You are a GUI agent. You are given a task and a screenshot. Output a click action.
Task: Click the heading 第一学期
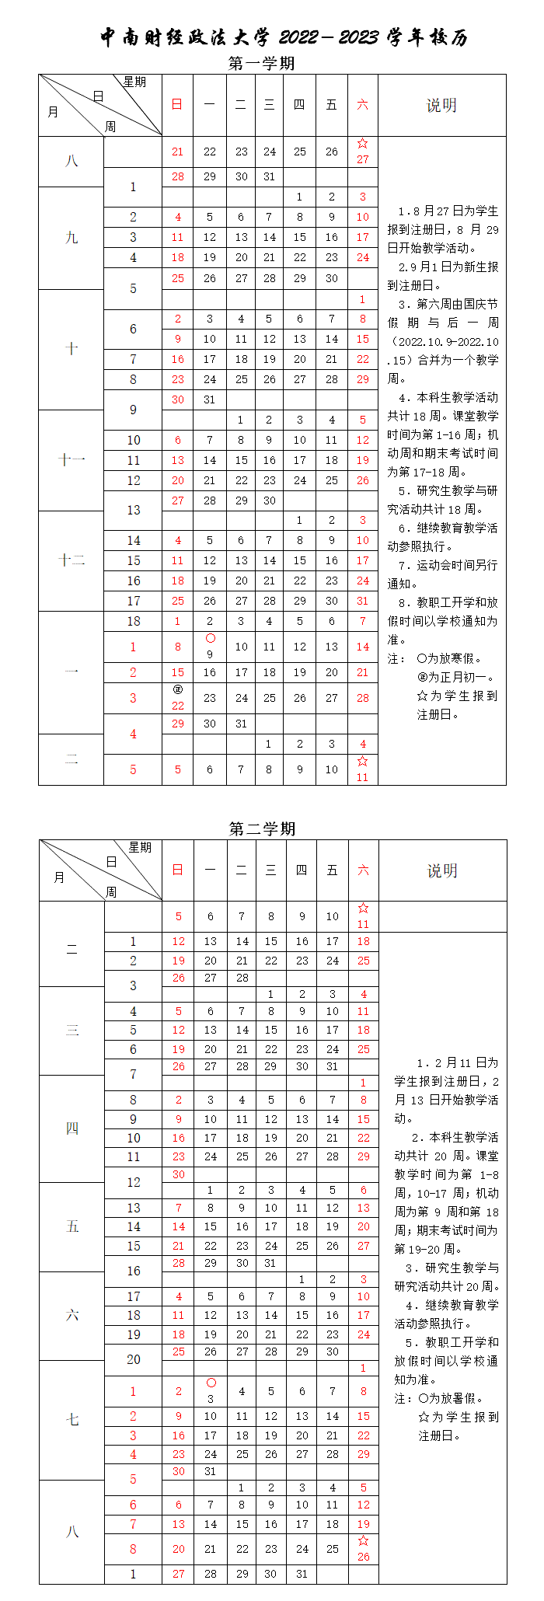(262, 63)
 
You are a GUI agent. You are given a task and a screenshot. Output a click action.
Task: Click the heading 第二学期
(263, 828)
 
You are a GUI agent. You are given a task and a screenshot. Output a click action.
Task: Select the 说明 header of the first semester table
(441, 106)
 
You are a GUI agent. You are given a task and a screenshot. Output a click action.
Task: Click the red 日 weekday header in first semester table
(177, 105)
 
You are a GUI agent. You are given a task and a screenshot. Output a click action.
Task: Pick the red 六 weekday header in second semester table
(363, 870)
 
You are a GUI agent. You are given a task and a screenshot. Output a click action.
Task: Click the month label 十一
(71, 460)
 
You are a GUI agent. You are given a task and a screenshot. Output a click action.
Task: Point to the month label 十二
(71, 560)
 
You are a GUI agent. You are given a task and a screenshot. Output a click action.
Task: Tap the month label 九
(71, 238)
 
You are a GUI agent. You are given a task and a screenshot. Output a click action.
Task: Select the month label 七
(72, 1420)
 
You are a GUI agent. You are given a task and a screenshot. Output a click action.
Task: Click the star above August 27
(363, 144)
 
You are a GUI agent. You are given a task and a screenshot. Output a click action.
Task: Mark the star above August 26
(363, 1540)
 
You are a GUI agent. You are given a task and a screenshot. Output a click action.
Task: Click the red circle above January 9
(210, 638)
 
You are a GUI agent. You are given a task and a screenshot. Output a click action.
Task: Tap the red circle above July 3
(211, 1383)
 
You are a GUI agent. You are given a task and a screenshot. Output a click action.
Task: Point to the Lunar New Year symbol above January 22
(178, 689)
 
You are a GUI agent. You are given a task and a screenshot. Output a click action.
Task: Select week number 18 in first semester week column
(134, 621)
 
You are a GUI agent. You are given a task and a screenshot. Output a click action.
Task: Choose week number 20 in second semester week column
(134, 1359)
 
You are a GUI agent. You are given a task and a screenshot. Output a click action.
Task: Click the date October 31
(209, 399)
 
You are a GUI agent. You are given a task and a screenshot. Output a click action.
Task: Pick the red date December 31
(362, 601)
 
